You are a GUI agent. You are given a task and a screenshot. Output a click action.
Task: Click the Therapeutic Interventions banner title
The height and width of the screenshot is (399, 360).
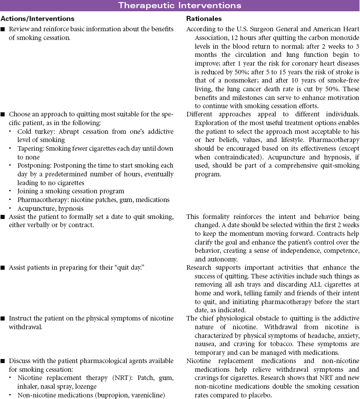179,6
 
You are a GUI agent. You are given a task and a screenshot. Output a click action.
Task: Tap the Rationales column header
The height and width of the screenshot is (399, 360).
202,19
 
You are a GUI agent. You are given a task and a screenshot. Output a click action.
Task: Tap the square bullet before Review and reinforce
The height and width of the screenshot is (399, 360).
4,29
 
